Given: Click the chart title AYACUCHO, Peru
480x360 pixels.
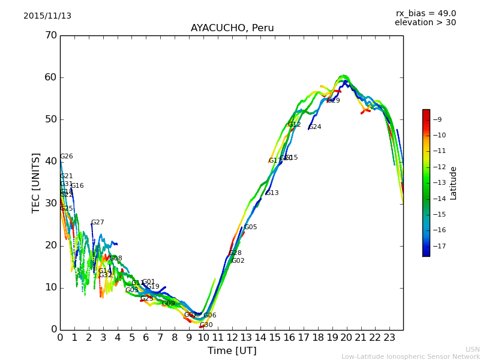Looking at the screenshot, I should [232, 28].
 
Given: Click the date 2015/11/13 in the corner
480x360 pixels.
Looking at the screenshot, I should [47, 16].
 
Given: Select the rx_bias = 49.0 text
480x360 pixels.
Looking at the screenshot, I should [426, 13].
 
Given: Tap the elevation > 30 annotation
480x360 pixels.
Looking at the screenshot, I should [425, 23].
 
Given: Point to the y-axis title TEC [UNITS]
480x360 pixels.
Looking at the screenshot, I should [36, 182].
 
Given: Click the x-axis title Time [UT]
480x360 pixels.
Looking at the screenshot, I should [232, 351].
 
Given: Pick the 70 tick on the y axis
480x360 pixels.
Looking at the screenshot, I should [50, 35].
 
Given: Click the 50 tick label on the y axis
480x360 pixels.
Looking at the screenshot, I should [50, 119].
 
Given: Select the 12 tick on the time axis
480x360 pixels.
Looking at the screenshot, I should [232, 338].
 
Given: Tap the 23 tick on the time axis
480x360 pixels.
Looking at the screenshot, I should [389, 338].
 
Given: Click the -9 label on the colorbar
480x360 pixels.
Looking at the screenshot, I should [438, 119].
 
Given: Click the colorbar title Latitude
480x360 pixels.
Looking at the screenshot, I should [454, 183].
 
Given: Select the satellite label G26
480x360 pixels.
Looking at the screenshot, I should [66, 157].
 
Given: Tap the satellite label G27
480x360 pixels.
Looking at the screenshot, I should [97, 223].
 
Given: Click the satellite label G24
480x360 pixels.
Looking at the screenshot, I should [315, 127].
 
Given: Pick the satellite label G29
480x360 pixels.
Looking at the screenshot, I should [334, 101].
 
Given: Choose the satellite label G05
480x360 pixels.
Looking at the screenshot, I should [250, 227].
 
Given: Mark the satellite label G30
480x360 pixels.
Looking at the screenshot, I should [206, 325].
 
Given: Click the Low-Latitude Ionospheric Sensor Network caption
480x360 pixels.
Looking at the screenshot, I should [410, 357].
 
